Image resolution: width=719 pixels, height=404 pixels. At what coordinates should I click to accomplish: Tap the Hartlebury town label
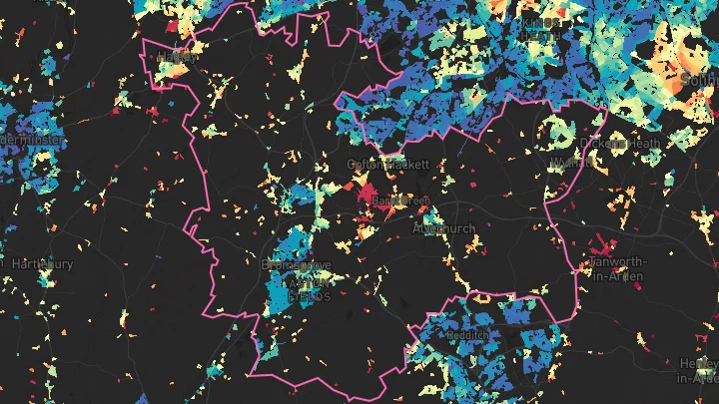[x=42, y=264]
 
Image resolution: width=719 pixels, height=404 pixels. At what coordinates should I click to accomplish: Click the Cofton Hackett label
[x=387, y=164]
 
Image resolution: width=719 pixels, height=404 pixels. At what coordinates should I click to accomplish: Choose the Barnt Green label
[x=400, y=202]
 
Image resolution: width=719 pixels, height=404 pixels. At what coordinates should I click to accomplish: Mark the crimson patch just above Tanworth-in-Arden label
[x=598, y=242]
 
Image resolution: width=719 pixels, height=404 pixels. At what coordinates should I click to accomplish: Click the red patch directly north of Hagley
[x=172, y=25]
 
